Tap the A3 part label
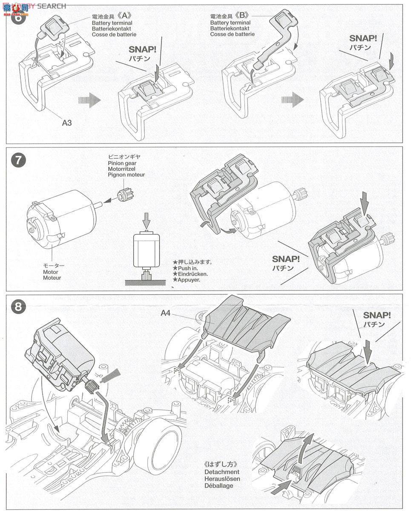[67, 123]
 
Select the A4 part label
[166, 313]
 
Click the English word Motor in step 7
[51, 272]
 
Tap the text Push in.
[186, 268]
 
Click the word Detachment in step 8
[222, 472]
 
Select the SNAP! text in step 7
[286, 258]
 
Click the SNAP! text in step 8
[377, 315]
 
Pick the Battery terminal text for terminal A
[112, 23]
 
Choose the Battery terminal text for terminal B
[230, 23]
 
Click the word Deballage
[218, 485]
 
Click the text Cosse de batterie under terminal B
[232, 34]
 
